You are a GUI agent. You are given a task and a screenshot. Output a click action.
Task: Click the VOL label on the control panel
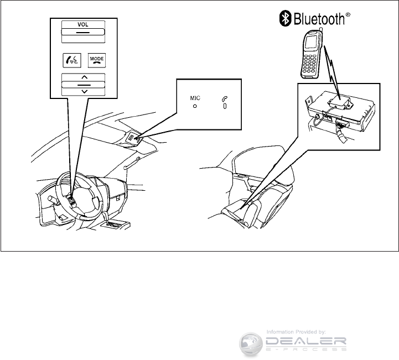click(x=82, y=25)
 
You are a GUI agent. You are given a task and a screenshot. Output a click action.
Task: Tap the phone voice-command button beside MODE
click(x=72, y=60)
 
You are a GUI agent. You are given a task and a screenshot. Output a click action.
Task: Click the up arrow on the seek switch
click(x=85, y=77)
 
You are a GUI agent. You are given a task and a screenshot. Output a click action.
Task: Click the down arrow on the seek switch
click(x=85, y=92)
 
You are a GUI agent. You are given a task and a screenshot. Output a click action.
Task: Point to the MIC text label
click(x=195, y=98)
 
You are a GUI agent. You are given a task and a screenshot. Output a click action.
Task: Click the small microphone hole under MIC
click(x=195, y=106)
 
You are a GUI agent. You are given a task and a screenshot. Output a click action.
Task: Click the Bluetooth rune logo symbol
click(x=285, y=18)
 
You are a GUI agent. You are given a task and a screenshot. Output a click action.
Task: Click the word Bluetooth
click(x=319, y=19)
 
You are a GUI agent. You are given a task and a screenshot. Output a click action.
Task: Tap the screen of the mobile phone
click(x=312, y=42)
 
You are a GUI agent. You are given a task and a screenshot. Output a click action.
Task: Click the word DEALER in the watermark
click(x=306, y=341)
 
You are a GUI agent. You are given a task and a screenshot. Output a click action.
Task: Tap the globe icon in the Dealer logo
click(x=251, y=343)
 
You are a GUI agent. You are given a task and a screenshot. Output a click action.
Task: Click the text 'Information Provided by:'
click(x=296, y=332)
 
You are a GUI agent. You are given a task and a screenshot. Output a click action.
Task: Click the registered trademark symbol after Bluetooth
click(x=348, y=15)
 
